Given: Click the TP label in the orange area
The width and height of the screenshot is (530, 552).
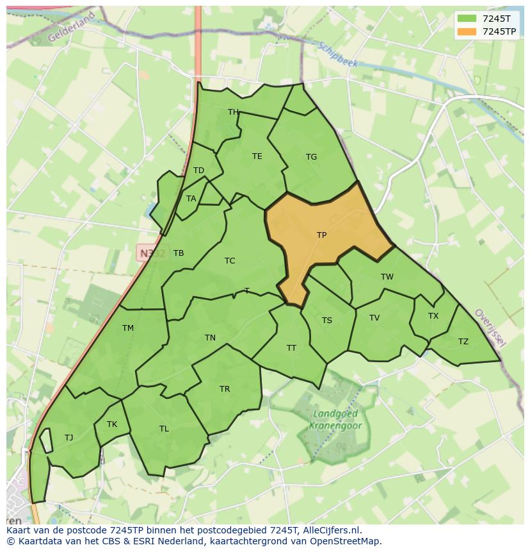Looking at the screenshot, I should (x=321, y=235).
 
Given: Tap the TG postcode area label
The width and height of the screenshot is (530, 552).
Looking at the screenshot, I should (x=311, y=157).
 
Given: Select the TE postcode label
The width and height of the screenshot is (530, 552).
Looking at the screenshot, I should (x=257, y=156).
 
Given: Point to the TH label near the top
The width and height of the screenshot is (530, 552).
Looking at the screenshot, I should (x=233, y=112).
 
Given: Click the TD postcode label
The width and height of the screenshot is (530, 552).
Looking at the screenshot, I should (x=198, y=171).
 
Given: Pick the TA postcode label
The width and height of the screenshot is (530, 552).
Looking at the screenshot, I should (x=191, y=199).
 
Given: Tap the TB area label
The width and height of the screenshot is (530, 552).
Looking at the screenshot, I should (x=179, y=253).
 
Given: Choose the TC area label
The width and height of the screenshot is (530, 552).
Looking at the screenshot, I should (x=230, y=261).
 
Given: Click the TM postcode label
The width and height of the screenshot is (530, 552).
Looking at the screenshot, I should (x=128, y=328).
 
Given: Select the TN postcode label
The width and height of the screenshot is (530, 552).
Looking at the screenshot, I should (x=210, y=338).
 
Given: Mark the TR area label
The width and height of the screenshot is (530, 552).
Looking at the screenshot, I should (x=225, y=389).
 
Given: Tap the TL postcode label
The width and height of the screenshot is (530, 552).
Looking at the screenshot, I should (x=164, y=429).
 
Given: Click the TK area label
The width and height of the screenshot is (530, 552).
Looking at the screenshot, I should (x=112, y=424).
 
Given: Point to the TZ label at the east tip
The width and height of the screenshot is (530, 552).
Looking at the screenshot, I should (x=463, y=342).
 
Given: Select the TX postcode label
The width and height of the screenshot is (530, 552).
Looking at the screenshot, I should (x=433, y=316).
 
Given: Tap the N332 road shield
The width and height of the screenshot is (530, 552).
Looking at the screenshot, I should (x=152, y=253).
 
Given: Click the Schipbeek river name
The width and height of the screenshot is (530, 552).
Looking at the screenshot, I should (x=337, y=54).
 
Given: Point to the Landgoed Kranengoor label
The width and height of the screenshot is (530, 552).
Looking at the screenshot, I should (x=335, y=420).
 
